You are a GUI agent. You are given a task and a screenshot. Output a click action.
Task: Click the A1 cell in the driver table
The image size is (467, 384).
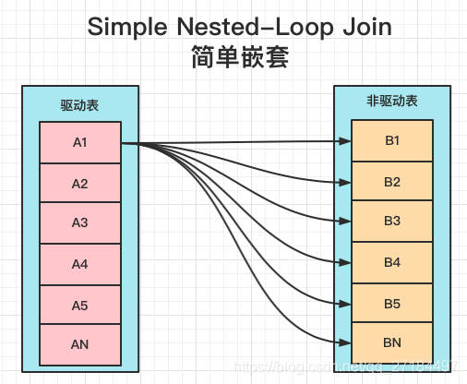(x=79, y=143)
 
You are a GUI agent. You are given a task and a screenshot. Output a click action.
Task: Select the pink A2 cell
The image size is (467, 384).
(x=79, y=184)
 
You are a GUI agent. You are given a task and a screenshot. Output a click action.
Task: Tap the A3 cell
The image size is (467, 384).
(x=79, y=223)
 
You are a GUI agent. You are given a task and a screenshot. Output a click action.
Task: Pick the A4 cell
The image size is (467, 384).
(x=79, y=264)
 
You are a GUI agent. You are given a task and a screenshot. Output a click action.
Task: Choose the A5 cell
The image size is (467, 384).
(x=79, y=304)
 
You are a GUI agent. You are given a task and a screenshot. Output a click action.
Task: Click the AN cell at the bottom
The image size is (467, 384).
(x=79, y=344)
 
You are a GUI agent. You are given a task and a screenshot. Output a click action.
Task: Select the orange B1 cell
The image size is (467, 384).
(x=392, y=141)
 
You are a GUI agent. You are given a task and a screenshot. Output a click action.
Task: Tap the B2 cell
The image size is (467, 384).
(x=392, y=182)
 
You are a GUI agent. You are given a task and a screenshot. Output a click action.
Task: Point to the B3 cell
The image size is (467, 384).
(x=392, y=222)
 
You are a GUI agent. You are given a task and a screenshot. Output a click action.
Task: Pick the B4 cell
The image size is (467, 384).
(x=392, y=262)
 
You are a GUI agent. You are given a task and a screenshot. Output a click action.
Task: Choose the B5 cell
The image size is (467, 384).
(x=392, y=302)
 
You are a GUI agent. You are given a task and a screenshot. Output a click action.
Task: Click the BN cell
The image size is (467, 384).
(x=392, y=342)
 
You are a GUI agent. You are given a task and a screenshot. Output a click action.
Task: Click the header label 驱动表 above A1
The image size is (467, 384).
(x=79, y=105)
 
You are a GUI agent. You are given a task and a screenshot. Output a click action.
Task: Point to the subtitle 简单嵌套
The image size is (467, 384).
(x=238, y=60)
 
